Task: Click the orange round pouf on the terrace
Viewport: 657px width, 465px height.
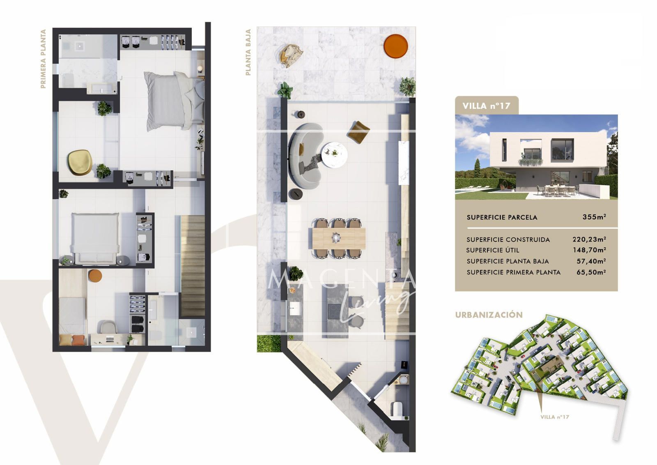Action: pos(396,46)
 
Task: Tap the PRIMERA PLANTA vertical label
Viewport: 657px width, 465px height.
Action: pos(44,59)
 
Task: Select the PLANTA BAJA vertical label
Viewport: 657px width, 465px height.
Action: pos(248,52)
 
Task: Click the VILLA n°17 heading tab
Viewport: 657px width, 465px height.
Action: pos(487,106)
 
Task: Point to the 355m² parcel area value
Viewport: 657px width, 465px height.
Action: pos(594,217)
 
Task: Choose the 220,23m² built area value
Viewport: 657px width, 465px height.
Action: pos(589,239)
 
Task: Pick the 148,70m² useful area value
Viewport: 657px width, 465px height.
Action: pos(590,250)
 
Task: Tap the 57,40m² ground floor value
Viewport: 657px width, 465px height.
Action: pos(591,261)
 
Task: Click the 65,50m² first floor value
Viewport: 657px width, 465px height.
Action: pos(591,272)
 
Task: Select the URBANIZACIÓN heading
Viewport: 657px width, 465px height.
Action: pos(489,315)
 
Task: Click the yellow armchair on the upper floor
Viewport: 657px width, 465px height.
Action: pos(80,162)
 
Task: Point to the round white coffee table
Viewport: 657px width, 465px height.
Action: pos(334,154)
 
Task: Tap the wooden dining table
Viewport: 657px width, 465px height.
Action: pos(339,238)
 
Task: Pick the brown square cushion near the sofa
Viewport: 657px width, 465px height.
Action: pos(358,133)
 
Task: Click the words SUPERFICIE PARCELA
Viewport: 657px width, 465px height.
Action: pos(502,217)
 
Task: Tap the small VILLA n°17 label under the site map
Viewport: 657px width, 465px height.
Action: pos(555,417)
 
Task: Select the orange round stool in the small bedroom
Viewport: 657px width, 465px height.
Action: pos(95,276)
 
